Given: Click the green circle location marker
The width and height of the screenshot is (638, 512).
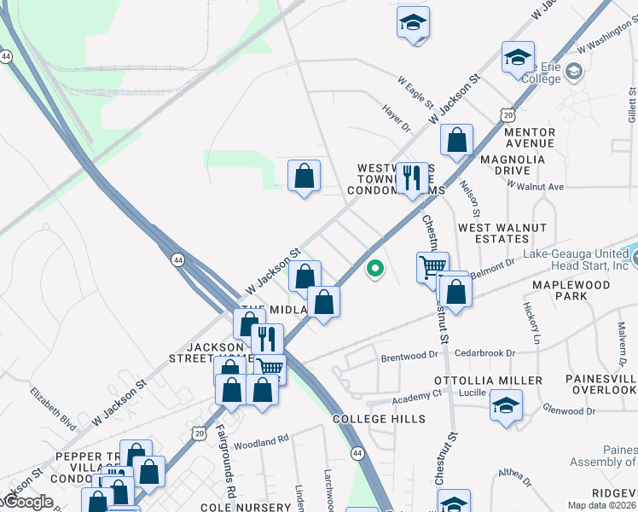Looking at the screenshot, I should click(x=374, y=271).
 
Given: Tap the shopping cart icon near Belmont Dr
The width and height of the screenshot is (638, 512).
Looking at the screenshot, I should click(x=433, y=266).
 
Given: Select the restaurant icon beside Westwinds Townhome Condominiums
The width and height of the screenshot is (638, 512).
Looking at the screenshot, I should click(x=412, y=177).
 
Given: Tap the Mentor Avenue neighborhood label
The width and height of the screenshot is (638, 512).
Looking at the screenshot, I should click(x=530, y=138).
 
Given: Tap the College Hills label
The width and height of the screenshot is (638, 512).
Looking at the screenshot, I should click(x=379, y=419).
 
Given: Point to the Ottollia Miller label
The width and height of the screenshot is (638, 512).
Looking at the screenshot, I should click(x=488, y=380).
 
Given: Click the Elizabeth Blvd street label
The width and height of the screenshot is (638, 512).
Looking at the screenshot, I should click(x=53, y=409).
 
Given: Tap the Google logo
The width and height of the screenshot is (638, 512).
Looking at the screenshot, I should click(x=27, y=502).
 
